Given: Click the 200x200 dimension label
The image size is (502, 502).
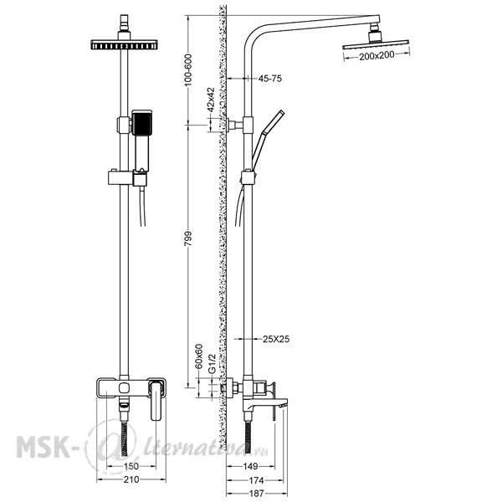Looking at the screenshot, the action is click(x=376, y=56).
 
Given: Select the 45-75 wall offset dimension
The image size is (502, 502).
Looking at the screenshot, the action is click(x=270, y=79).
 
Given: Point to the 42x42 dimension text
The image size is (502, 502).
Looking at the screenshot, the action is click(x=210, y=100).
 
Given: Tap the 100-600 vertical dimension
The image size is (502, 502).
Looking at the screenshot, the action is click(x=188, y=69).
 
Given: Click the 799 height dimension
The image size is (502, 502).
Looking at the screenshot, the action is click(x=188, y=238).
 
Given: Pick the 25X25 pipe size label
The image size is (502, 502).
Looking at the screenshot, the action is click(x=276, y=339).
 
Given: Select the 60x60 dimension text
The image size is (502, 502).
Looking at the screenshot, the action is click(x=199, y=356).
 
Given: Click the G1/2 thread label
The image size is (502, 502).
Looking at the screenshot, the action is click(x=212, y=363).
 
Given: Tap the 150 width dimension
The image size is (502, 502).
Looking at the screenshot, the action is click(x=131, y=466).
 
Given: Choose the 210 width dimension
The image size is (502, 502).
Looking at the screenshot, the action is click(x=131, y=479).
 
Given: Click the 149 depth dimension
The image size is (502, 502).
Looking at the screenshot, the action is click(x=250, y=466).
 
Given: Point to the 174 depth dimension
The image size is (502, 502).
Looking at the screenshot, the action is click(x=256, y=480).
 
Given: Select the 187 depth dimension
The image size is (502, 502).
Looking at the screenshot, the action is click(x=256, y=494).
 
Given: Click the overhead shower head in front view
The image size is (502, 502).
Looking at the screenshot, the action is click(x=124, y=44).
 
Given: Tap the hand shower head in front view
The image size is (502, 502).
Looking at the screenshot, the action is click(x=142, y=122).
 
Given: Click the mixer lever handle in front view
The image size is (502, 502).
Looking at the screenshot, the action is click(x=156, y=400).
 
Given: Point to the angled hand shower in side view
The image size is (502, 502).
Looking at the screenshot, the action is click(x=268, y=140).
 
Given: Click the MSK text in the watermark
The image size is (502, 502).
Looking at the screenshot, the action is click(x=44, y=446).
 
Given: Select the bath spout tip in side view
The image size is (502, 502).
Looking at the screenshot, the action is click(x=284, y=405).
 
